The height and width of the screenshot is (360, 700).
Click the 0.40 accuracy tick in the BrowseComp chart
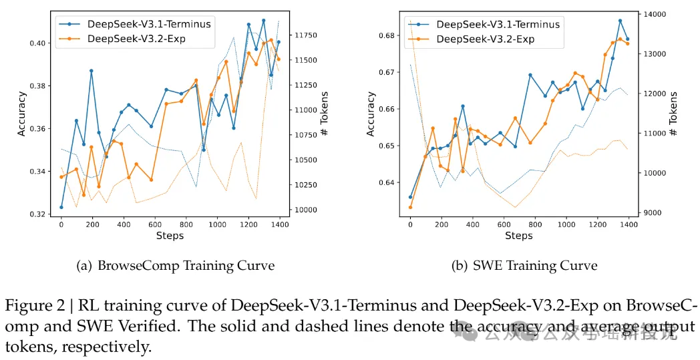coord(37,43)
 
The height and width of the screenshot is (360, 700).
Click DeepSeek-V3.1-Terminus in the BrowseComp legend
coord(149,24)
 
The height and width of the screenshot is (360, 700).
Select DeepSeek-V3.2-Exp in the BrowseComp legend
coord(136,39)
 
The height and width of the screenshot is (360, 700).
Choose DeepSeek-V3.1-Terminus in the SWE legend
coord(498,24)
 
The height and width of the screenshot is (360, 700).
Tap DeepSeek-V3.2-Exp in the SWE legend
coord(485,39)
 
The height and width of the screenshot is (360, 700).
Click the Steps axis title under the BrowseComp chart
coord(170,236)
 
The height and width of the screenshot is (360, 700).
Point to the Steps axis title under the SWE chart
coord(518,236)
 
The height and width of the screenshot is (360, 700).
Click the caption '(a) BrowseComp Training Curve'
coord(176,266)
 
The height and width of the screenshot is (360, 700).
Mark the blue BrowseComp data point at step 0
coord(61,207)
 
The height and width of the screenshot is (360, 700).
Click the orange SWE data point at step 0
coord(410,207)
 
